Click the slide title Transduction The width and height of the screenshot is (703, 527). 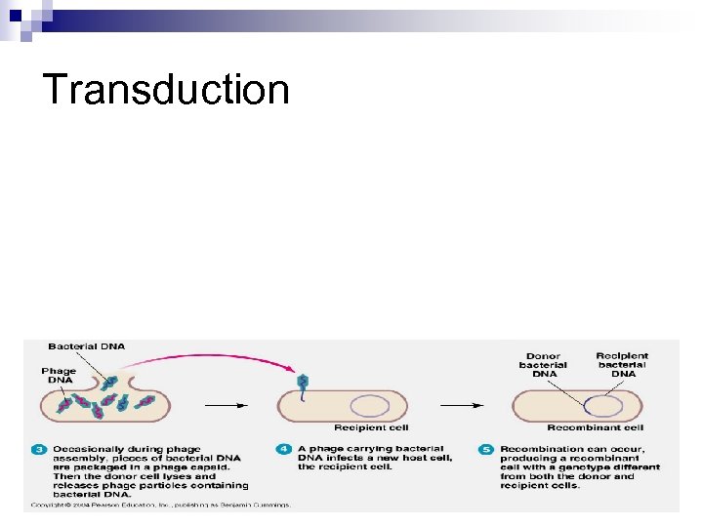coord(167,89)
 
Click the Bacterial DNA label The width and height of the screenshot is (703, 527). coord(86,346)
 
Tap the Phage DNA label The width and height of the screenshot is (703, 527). coord(58,376)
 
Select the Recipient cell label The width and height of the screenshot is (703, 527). coord(371,427)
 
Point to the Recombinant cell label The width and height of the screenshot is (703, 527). coord(595,427)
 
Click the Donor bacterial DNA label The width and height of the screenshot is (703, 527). coord(544,365)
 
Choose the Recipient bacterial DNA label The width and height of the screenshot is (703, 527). coord(623,365)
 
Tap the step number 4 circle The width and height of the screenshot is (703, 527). coord(284,450)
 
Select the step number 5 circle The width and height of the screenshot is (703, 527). coord(485,450)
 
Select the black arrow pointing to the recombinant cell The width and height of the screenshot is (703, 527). coord(462,404)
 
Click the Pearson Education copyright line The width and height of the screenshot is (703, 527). coord(161,505)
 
